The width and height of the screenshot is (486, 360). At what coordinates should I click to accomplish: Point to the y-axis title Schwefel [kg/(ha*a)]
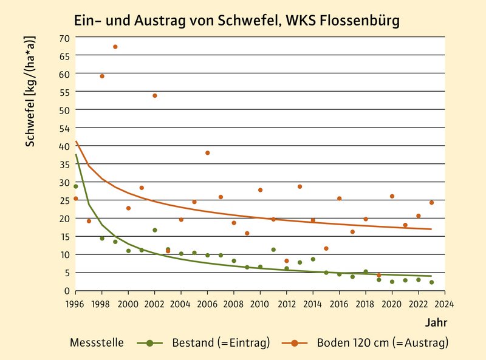tap(30, 91)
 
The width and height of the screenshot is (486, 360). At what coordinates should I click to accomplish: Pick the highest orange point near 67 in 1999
tap(115, 47)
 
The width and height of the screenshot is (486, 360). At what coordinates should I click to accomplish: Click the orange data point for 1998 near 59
tap(102, 76)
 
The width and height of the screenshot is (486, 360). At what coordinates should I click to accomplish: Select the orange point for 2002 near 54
tap(155, 95)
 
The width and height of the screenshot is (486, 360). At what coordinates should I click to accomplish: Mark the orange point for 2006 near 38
tap(207, 153)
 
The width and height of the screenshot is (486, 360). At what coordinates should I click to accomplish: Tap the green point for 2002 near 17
tap(155, 230)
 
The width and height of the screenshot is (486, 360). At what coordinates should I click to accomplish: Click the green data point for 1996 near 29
tap(75, 186)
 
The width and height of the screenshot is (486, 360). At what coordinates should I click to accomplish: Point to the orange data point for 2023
tap(431, 203)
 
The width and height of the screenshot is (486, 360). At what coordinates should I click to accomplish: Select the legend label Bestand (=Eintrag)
tap(221, 343)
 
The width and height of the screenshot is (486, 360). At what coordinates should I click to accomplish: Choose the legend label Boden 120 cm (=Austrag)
tap(382, 343)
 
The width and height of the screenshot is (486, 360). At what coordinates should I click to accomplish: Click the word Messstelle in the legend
tap(98, 343)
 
